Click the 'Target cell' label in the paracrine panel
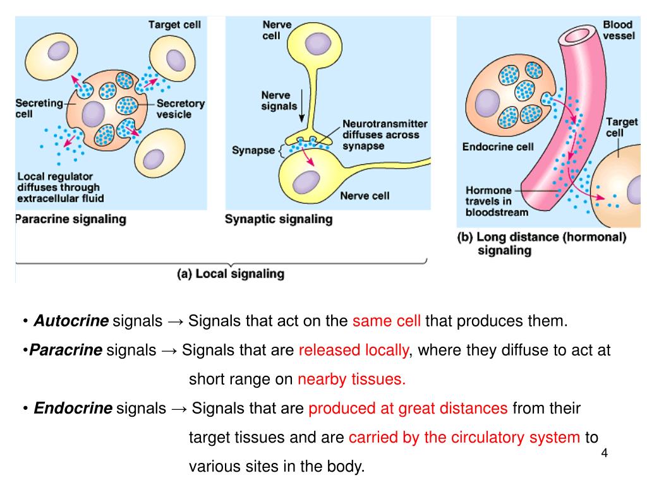tap(174, 25)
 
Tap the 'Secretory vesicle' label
tap(181, 109)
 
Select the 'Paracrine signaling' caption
tap(70, 220)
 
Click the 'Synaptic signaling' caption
tap(279, 219)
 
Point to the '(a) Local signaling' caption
tap(230, 274)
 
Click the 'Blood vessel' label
tap(618, 30)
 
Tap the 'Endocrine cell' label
tap(498, 147)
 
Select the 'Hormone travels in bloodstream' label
tap(497, 201)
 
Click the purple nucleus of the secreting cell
tap(93, 114)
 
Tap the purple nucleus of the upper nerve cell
tap(316, 42)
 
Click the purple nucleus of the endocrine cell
tap(487, 102)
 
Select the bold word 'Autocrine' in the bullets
tap(71, 321)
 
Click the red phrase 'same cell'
tap(387, 321)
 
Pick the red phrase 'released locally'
tap(353, 350)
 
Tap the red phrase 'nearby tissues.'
tap(351, 379)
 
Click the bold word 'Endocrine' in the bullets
tap(73, 408)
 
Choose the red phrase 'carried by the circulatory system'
tap(464, 438)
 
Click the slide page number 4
tap(605, 453)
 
